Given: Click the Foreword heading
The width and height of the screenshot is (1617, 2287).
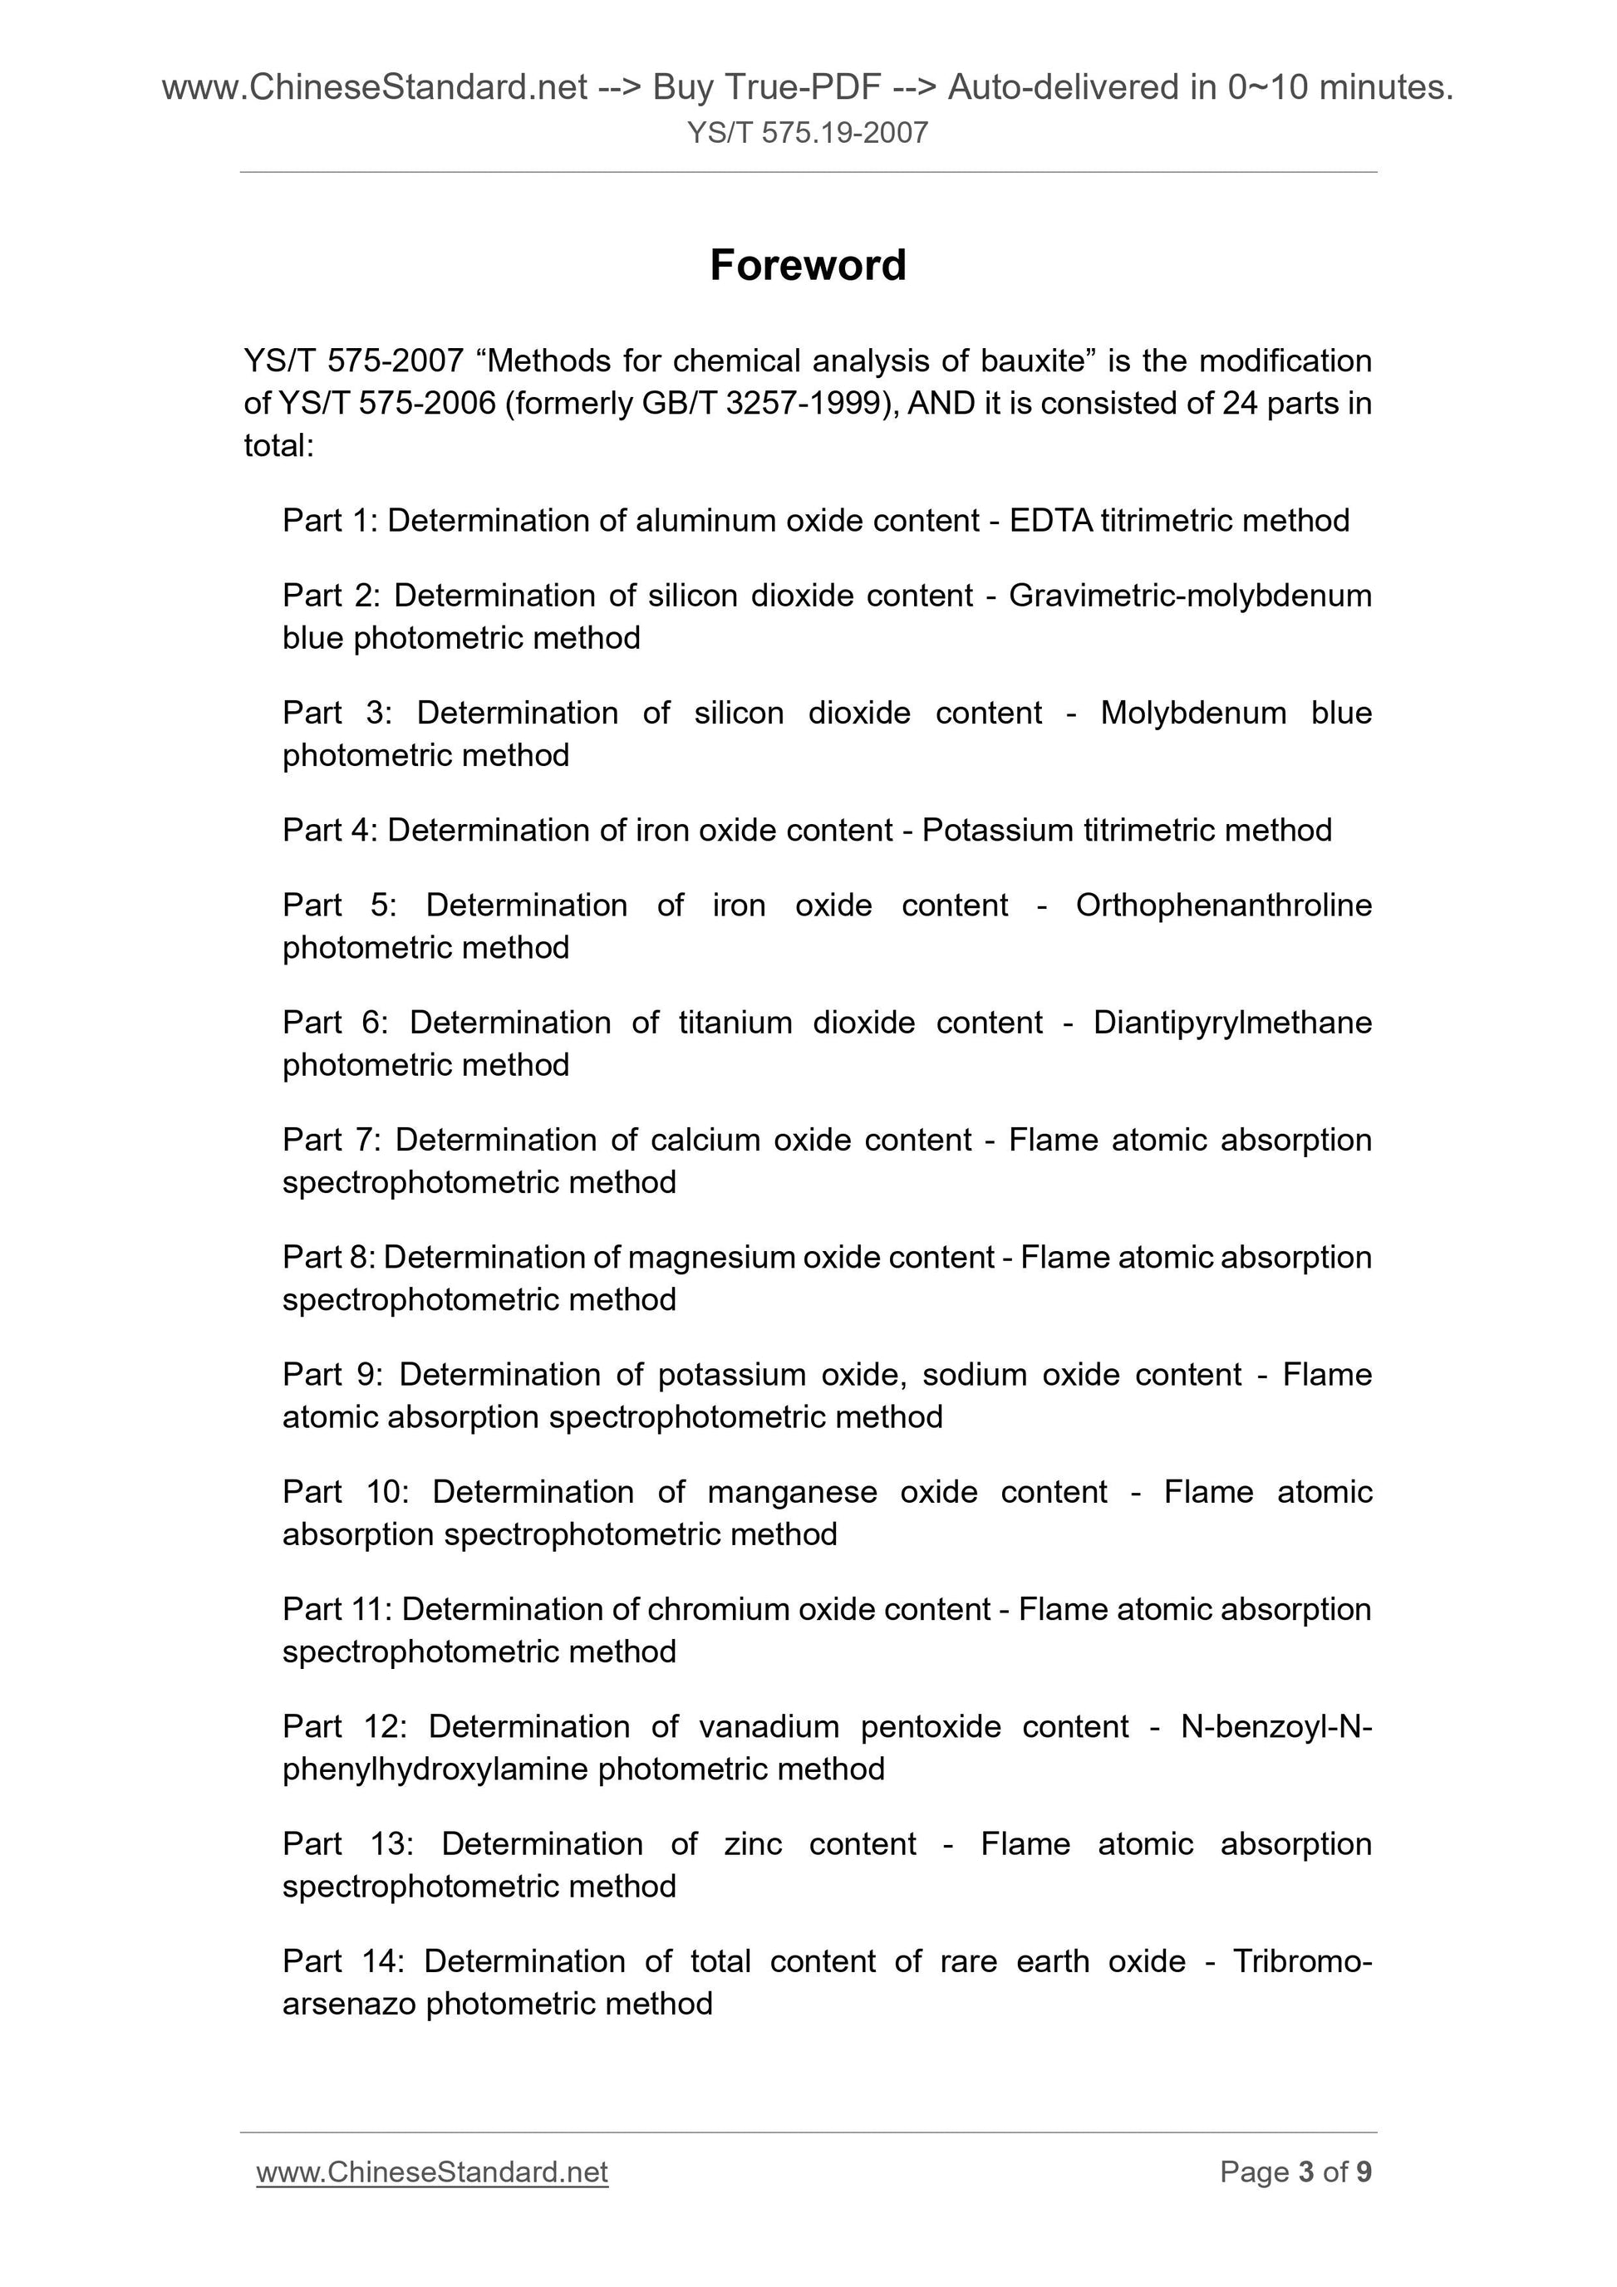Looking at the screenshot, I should pos(808,266).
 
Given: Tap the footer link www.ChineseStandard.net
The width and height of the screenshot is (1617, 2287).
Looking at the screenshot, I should pos(431,2172).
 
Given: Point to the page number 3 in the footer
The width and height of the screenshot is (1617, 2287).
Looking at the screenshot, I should pos(1306,2172).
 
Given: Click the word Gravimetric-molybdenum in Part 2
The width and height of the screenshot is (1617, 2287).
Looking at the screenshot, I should pos(1190,596).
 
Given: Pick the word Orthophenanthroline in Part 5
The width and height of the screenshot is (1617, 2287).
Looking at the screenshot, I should pos(1223,905).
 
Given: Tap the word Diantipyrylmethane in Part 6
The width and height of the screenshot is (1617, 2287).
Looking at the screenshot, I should pos(1232,1023).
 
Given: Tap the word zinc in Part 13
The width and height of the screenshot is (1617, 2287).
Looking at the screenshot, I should pos(753,1845).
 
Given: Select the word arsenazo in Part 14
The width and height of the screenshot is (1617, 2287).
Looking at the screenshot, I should pos(349,2004).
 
